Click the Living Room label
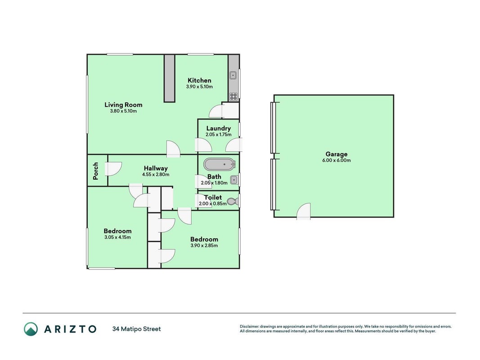click(x=123, y=105)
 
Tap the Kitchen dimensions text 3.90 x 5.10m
click(x=199, y=87)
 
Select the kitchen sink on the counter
click(x=233, y=75)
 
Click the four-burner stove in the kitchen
click(x=233, y=96)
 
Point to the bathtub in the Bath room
click(x=220, y=164)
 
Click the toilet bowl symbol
click(x=233, y=202)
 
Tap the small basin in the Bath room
click(x=234, y=180)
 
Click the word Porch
click(x=95, y=171)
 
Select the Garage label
click(x=336, y=154)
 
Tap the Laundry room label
click(x=218, y=129)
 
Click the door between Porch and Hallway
click(x=113, y=169)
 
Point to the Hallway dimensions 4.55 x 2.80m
click(x=156, y=175)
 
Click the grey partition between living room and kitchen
click(x=169, y=78)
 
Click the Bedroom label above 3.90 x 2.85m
click(x=204, y=239)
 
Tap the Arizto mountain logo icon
click(x=31, y=329)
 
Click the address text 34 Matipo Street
click(x=136, y=329)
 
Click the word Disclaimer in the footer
click(x=250, y=327)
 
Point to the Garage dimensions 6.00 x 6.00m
click(x=336, y=160)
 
